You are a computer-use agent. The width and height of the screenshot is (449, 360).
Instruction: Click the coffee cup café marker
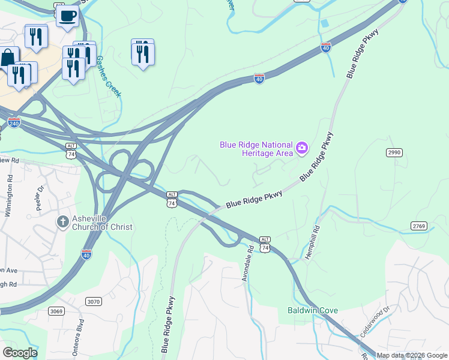(x=68, y=15)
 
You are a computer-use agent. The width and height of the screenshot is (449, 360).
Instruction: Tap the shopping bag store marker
(x=7, y=58)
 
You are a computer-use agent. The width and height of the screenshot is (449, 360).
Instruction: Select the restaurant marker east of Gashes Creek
(x=143, y=53)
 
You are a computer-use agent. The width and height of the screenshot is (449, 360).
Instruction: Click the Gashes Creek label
(x=109, y=77)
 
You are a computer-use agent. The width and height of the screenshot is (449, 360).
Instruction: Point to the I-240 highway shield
(x=14, y=123)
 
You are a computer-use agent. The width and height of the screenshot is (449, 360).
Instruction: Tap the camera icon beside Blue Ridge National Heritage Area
(x=303, y=147)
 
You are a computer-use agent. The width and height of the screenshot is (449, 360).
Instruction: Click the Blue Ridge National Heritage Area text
(x=256, y=149)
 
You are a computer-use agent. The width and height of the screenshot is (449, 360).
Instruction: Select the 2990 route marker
(x=394, y=153)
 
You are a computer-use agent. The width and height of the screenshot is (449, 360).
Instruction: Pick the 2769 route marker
(x=419, y=226)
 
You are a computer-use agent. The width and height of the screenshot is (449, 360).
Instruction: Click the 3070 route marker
(x=93, y=301)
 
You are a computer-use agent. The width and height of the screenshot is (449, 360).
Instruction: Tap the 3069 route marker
(x=56, y=311)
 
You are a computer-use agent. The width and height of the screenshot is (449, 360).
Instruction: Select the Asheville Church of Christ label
(x=101, y=223)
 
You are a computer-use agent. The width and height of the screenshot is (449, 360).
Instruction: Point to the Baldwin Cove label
(x=312, y=310)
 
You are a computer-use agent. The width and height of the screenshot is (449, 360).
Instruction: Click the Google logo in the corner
(x=20, y=353)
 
